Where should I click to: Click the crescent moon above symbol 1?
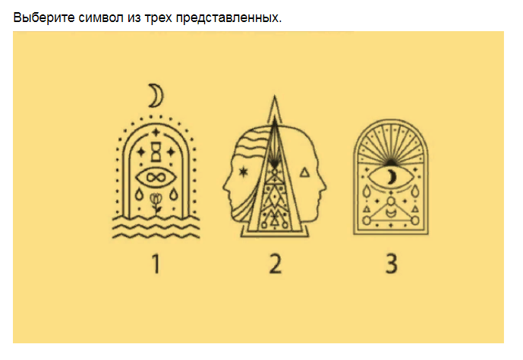(x=156, y=96)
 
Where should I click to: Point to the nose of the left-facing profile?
(x=225, y=185)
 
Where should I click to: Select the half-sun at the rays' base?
(x=389, y=160)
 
